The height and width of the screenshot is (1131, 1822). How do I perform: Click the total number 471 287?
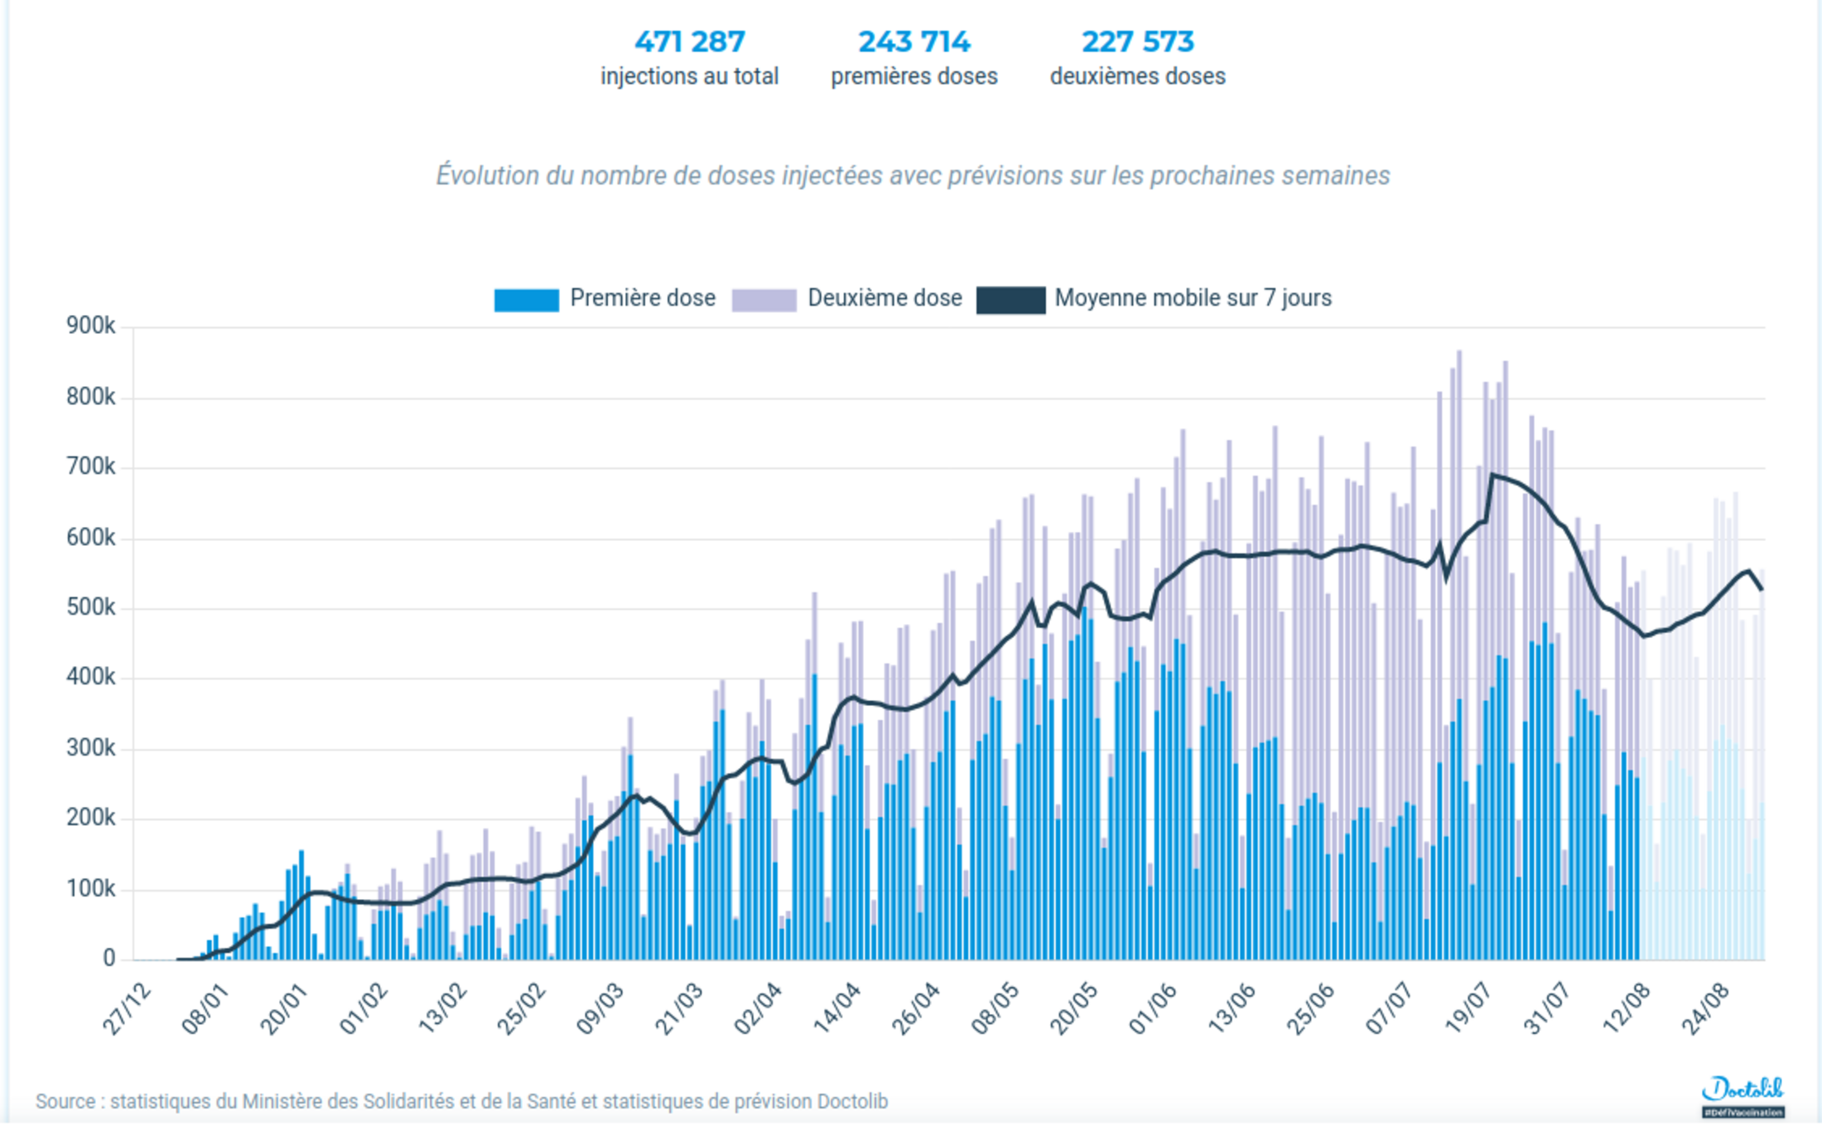click(x=689, y=41)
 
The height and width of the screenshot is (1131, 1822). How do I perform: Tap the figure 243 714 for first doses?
click(x=913, y=41)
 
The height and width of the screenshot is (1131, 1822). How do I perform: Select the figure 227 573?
click(x=1137, y=41)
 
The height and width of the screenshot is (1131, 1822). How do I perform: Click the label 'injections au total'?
click(x=689, y=76)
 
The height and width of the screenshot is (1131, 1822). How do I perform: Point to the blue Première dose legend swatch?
click(x=526, y=299)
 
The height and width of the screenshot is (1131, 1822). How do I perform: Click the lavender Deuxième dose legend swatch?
click(x=764, y=299)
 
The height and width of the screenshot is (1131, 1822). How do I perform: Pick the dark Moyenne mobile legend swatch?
click(x=1010, y=299)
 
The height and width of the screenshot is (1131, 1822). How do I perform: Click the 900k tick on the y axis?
click(x=91, y=326)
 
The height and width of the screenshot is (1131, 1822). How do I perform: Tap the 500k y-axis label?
click(x=91, y=607)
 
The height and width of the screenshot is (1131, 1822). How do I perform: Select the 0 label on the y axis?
click(x=108, y=959)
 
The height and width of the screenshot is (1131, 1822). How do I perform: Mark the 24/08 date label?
click(x=1707, y=1008)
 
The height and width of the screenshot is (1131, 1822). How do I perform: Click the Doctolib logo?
click(x=1742, y=1092)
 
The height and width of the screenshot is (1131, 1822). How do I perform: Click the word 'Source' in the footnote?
click(x=65, y=1102)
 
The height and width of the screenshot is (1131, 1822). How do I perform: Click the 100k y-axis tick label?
click(x=91, y=889)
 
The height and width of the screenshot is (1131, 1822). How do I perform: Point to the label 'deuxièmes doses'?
click(x=1137, y=76)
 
